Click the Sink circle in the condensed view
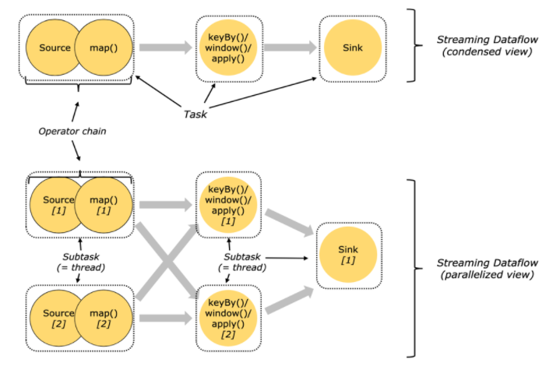(x=350, y=48)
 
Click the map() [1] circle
(x=104, y=205)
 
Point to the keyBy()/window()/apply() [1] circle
(x=228, y=205)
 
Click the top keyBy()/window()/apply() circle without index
(x=228, y=48)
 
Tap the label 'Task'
(x=195, y=114)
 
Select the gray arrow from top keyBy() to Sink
(x=290, y=48)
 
